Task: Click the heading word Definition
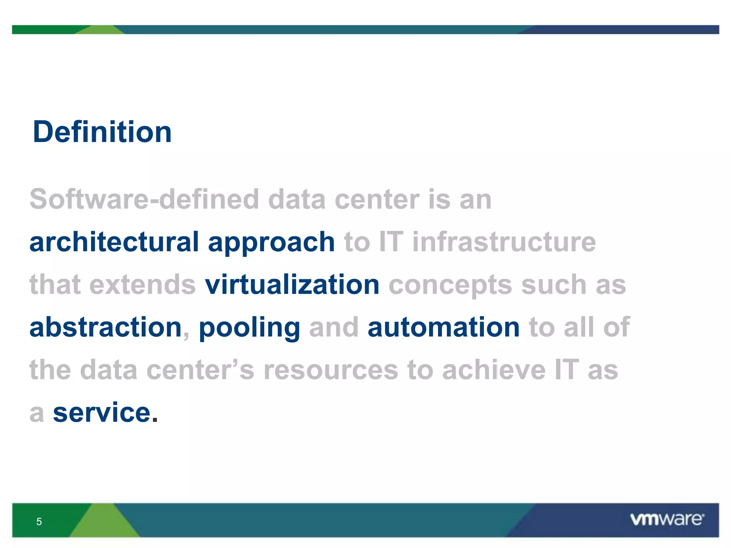[x=102, y=132]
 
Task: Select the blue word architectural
[x=114, y=242]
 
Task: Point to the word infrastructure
[x=504, y=242]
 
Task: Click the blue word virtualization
[x=292, y=285]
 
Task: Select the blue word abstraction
[x=106, y=327]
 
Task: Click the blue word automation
[x=443, y=327]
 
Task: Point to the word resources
[x=331, y=370]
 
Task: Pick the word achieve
[x=494, y=370]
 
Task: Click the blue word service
[x=102, y=413]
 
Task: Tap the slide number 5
[x=39, y=522]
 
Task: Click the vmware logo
[x=667, y=519]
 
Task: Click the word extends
[x=142, y=285]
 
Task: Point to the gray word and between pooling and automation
[x=334, y=327]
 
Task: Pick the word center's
[x=200, y=370]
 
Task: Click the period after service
[x=155, y=420]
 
